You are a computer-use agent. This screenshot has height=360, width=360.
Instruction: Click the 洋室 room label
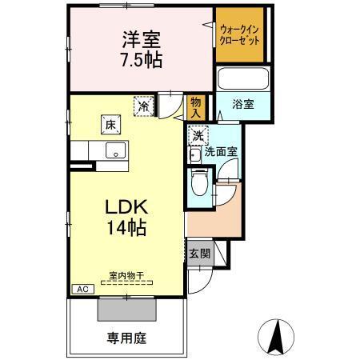(x=142, y=38)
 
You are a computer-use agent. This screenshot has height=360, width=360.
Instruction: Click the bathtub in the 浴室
(x=242, y=80)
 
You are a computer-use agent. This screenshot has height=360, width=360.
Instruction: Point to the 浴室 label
(x=244, y=104)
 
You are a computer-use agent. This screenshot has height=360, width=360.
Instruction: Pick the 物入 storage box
(x=195, y=106)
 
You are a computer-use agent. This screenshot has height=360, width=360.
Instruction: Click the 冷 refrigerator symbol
(x=144, y=106)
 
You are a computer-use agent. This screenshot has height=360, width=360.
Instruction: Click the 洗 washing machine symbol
(x=198, y=134)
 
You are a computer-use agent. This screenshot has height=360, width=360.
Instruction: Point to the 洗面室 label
(x=221, y=151)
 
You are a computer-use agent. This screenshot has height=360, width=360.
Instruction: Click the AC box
(x=82, y=289)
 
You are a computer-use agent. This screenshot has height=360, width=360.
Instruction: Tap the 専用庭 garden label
(x=126, y=337)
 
